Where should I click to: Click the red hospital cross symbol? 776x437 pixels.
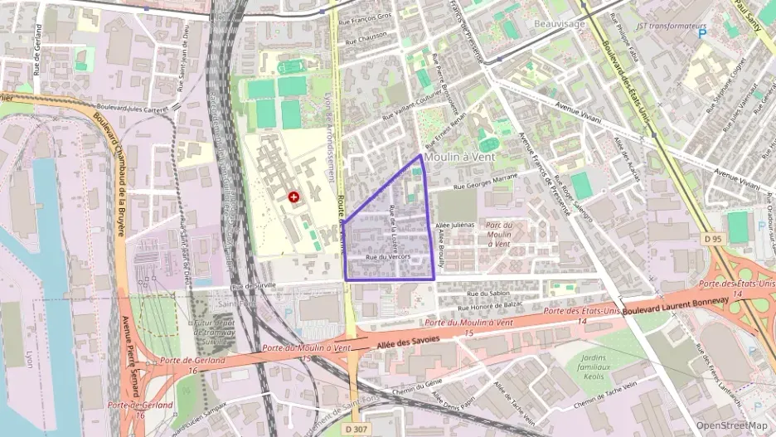pos(293,197)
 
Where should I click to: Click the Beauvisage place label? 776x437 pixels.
pos(560,24)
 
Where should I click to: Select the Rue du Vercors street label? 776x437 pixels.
pos(382,258)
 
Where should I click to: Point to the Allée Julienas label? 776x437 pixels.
pos(455,225)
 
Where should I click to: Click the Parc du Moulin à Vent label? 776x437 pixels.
pos(498,234)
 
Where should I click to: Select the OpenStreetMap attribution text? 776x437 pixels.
pos(732,425)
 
